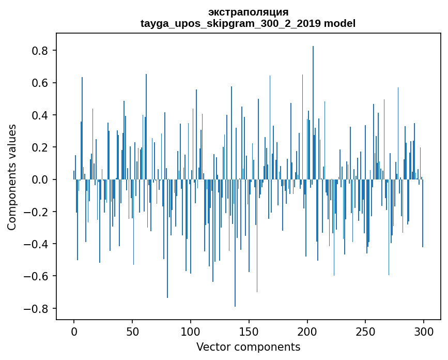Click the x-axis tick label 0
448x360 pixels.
[74, 332]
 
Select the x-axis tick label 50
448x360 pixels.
[132, 332]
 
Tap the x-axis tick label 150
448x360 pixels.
[249, 332]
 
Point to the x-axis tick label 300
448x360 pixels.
[424, 332]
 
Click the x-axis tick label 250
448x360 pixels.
[365, 332]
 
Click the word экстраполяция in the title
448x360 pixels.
[248, 12]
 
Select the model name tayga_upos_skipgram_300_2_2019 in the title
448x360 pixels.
[230, 23]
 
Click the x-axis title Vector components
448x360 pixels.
[248, 347]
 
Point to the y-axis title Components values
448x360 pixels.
[12, 177]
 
